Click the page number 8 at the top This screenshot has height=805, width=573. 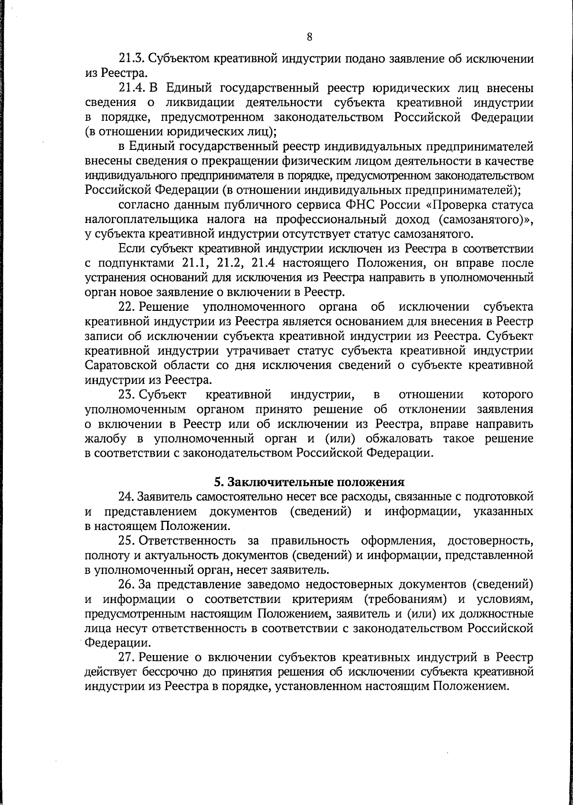click(309, 37)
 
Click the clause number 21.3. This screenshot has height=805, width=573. click(130, 59)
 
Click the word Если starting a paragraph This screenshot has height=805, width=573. click(130, 249)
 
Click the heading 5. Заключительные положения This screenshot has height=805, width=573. click(309, 481)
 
